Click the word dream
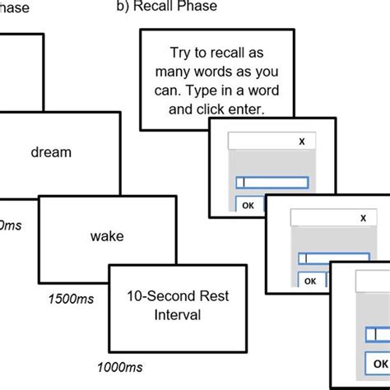pyautogui.click(x=51, y=152)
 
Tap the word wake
pyautogui.click(x=107, y=236)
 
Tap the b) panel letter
pyautogui.click(x=120, y=7)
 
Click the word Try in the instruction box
pyautogui.click(x=181, y=51)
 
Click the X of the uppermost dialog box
pyautogui.click(x=302, y=142)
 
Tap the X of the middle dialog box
pyautogui.click(x=364, y=218)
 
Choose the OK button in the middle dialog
pyautogui.click(x=309, y=281)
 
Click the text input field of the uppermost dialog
pyautogui.click(x=272, y=183)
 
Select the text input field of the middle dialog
pyautogui.click(x=334, y=258)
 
